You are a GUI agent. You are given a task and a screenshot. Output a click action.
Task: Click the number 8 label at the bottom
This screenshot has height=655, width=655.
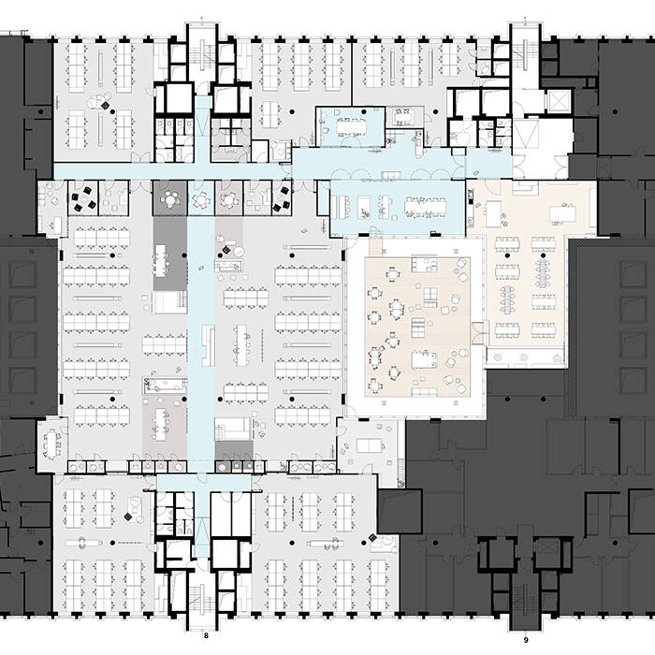pyautogui.click(x=206, y=636)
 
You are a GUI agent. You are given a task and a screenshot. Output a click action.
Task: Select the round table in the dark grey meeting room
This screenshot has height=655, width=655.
pyautogui.click(x=171, y=198)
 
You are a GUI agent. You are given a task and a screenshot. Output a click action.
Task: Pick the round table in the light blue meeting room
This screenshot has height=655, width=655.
pyautogui.click(x=201, y=198)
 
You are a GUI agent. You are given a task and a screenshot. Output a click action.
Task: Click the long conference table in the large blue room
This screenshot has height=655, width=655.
pyautogui.click(x=426, y=204)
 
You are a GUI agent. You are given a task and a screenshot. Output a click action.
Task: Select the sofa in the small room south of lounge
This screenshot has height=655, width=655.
pyautogui.click(x=370, y=444)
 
